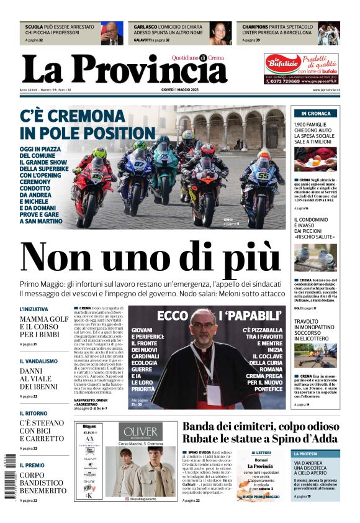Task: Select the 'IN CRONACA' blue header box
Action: (x=316, y=114)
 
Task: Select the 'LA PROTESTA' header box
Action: (x=316, y=454)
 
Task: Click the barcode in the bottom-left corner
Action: (x=7, y=478)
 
